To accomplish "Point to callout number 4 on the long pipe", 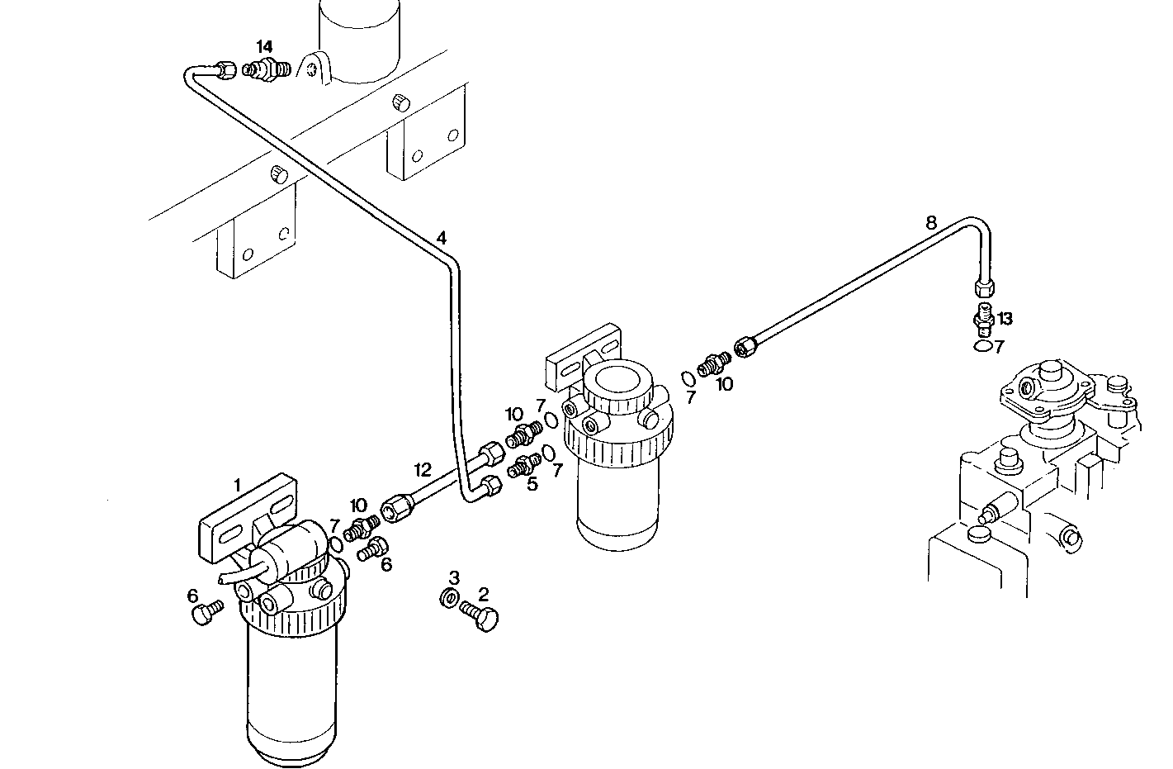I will pos(442,238).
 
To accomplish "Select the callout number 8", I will pos(931,221).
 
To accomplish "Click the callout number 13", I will pos(1005,319).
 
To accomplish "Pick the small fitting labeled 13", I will pos(982,317).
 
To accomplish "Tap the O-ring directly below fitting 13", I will pos(981,346).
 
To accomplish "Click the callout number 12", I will pos(423,470).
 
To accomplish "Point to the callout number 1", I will pos(237,484).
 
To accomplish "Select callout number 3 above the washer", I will pos(454,576).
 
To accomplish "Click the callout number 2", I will pos(484,593).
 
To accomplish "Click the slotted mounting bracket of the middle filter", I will pos(584,356).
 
